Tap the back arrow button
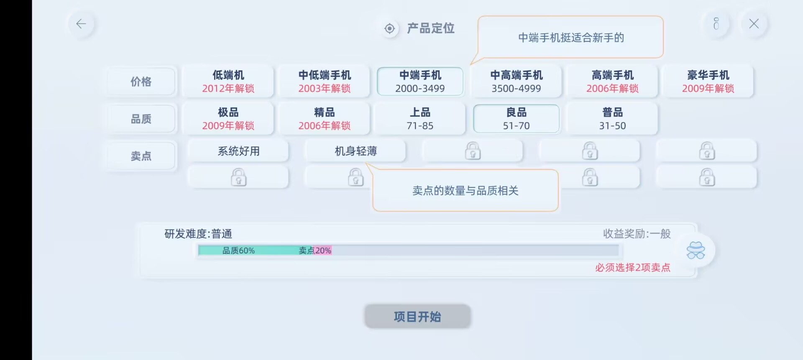point(81,24)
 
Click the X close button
point(754,24)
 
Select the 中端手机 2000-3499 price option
point(420,81)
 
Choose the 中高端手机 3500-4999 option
point(516,81)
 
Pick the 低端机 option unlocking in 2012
point(228,81)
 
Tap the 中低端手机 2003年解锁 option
point(324,81)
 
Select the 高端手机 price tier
point(612,81)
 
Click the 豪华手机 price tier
point(708,81)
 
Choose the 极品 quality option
point(228,118)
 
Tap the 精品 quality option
point(324,118)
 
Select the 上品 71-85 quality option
point(420,118)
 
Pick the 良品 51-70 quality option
point(516,118)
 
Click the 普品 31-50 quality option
point(612,118)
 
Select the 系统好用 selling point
point(238,151)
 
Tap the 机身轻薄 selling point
point(355,151)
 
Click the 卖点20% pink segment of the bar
point(322,250)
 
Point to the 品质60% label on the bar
point(238,250)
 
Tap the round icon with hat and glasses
point(696,250)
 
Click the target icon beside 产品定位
point(389,28)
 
